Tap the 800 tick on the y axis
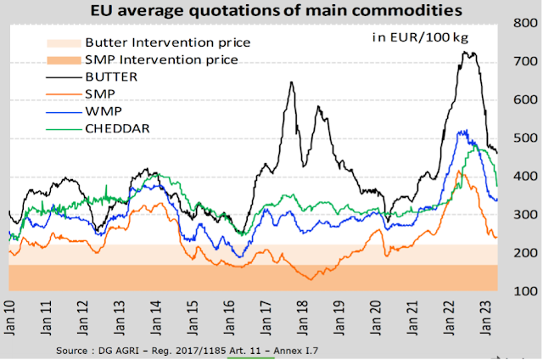[523, 23]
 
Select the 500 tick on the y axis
[523, 138]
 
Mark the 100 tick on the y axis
[523, 291]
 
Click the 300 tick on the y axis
[523, 215]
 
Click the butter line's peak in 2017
[292, 82]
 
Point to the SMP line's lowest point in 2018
[310, 279]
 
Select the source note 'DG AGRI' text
[123, 350]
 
